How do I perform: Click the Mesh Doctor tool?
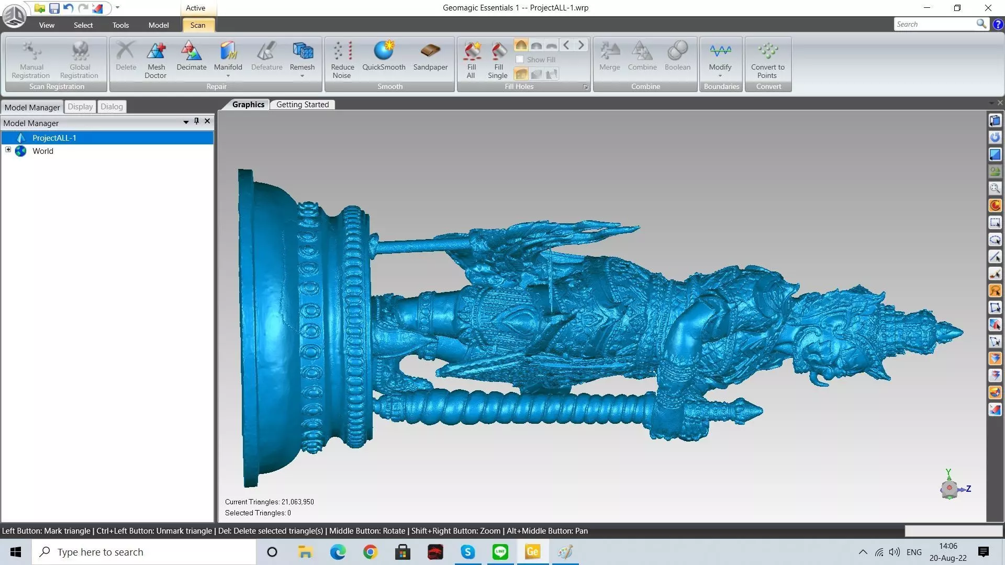156,59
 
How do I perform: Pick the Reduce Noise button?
342,59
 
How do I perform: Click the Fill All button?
471,59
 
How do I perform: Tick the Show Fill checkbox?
520,60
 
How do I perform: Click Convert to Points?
767,59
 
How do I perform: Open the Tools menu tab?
120,25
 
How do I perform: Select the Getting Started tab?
303,105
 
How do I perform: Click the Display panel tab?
80,107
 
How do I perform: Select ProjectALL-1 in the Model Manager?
54,138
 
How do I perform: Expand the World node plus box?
8,150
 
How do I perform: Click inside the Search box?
934,24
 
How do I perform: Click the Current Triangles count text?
270,502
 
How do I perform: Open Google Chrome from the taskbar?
370,552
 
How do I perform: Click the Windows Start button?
16,552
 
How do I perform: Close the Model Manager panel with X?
207,121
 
